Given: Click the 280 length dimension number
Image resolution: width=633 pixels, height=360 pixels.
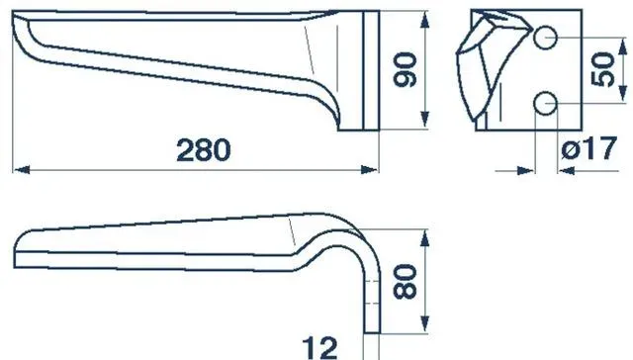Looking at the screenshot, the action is pyautogui.click(x=204, y=150).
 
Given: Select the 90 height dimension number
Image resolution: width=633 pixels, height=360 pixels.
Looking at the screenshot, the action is pyautogui.click(x=405, y=69).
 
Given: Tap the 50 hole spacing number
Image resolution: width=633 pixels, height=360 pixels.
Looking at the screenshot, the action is pyautogui.click(x=602, y=69).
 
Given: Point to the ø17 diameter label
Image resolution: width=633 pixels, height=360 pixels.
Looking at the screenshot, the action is pyautogui.click(x=589, y=148).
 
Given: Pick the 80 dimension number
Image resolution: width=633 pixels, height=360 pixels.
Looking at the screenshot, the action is pyautogui.click(x=405, y=282).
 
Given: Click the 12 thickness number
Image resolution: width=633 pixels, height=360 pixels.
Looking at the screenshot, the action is pyautogui.click(x=319, y=348).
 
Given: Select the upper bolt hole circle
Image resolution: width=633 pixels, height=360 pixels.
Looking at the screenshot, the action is pyautogui.click(x=545, y=38).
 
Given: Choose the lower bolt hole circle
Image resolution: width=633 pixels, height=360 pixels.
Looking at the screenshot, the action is pyautogui.click(x=545, y=104).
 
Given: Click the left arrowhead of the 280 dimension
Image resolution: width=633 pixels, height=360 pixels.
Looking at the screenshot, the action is pyautogui.click(x=22, y=170).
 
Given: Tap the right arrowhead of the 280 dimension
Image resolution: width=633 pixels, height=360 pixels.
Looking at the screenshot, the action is pyautogui.click(x=369, y=170).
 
